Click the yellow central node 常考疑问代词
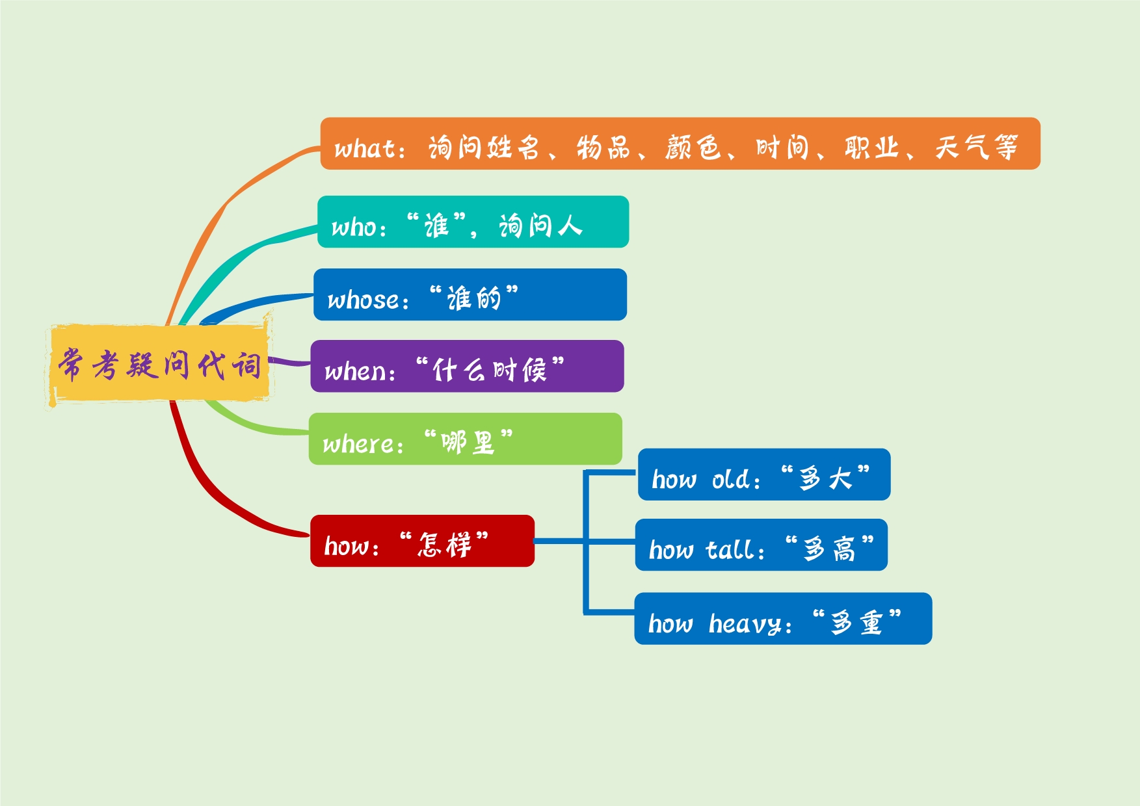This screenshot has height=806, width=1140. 159,364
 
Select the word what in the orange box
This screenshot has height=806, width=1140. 365,149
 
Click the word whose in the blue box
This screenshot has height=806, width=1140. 364,300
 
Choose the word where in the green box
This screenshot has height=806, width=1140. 358,444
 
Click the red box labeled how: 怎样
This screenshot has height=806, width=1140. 422,541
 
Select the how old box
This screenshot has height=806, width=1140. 763,474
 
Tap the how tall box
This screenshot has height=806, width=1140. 761,545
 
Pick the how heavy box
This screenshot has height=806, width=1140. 782,618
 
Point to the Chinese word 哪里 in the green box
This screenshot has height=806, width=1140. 468,443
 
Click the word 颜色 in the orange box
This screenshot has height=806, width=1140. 693,148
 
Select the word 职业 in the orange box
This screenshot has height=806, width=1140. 871,148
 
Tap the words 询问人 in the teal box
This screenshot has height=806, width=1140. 540,226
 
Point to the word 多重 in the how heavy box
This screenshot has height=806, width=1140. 856,623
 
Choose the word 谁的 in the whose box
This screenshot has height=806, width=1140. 474,299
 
